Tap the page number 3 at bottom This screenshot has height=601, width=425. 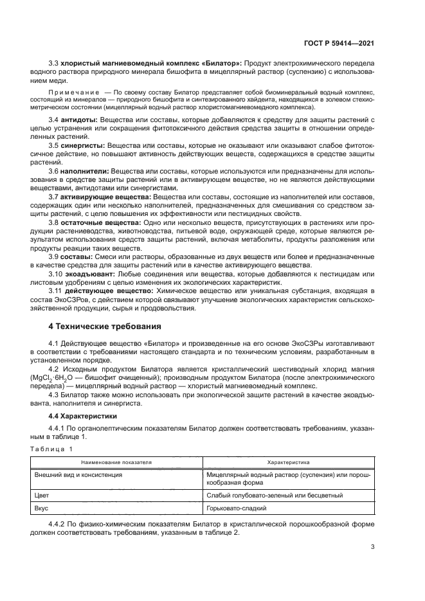tap(372, 548)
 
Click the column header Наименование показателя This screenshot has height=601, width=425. tap(116, 462)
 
